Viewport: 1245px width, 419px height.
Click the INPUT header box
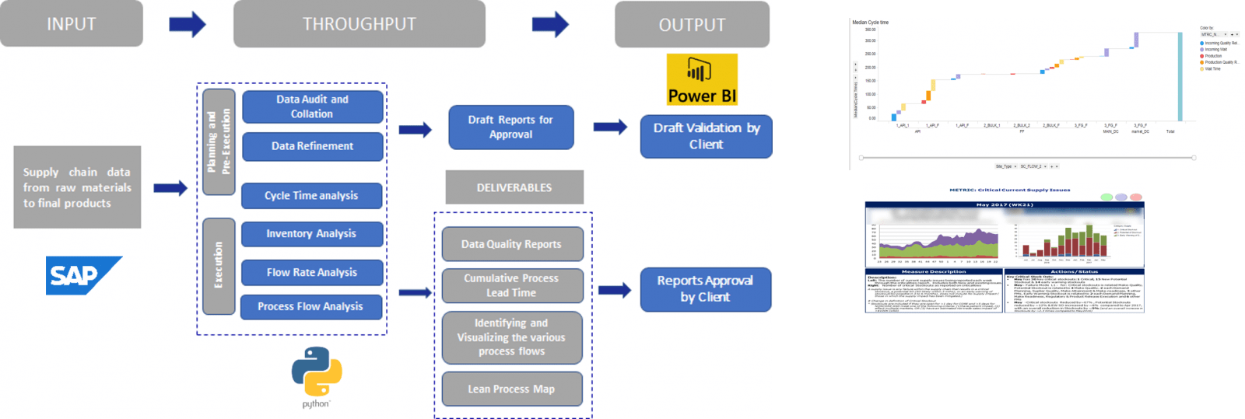72,24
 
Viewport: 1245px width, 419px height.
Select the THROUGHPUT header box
359,24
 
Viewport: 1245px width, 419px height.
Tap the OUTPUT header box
692,25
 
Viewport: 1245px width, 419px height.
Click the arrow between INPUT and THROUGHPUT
188,24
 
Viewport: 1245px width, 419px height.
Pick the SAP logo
83,275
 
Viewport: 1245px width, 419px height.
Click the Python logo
316,373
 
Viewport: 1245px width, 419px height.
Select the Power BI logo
702,79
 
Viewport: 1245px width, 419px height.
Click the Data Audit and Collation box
313,106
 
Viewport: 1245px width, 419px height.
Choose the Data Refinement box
313,146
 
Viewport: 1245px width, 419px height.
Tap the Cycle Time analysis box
311,196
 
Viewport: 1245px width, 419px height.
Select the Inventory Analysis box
311,234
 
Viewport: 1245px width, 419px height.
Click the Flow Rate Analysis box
311,273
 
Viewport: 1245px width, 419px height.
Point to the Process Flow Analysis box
310,307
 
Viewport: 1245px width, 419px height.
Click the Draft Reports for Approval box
510,127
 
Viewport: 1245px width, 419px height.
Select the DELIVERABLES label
514,187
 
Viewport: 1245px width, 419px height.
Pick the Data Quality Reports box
512,244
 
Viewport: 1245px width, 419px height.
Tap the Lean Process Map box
512,389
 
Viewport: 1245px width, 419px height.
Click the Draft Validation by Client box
706,136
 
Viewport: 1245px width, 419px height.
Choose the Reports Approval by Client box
705,289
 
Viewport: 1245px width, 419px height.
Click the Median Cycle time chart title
870,23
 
